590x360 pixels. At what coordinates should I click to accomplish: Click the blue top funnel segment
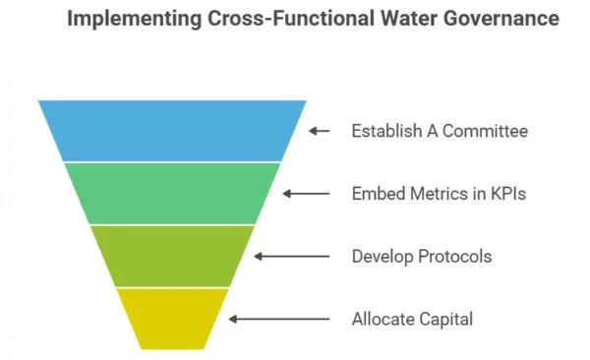pos(172,130)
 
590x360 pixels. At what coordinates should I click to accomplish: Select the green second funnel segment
pos(172,193)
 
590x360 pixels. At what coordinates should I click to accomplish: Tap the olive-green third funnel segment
pos(172,256)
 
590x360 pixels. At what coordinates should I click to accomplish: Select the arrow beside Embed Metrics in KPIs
pos(306,194)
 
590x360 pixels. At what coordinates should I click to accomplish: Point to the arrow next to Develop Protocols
pos(292,257)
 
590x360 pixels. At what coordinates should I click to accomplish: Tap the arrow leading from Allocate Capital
pos(279,319)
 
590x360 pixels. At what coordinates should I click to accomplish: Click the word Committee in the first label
pos(479,131)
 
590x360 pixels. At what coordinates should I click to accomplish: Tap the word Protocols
pos(453,257)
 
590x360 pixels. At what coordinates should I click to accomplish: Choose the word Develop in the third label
pos(382,257)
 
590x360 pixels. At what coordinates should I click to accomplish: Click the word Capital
pos(443,319)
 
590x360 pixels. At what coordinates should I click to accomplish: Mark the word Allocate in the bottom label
pos(383,319)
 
